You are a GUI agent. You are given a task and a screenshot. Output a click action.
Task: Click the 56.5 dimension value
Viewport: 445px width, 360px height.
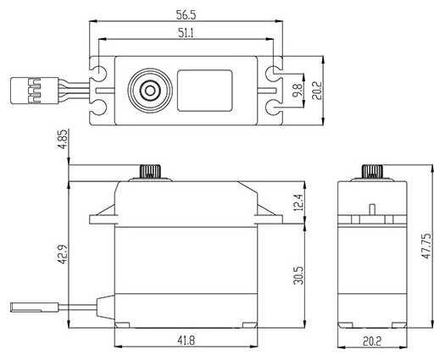[185, 14]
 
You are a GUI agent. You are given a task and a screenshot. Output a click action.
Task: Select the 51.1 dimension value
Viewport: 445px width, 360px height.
[185, 32]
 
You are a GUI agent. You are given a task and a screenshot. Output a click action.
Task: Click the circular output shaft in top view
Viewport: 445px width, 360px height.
[147, 89]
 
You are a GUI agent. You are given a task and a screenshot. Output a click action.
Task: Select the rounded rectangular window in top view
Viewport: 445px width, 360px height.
[204, 89]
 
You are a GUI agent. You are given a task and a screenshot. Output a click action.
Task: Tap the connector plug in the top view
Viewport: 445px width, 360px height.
[27, 88]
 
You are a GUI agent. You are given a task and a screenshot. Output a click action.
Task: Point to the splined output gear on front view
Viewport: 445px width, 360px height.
[148, 172]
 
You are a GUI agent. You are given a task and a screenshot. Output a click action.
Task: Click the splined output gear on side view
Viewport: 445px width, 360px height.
[371, 171]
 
